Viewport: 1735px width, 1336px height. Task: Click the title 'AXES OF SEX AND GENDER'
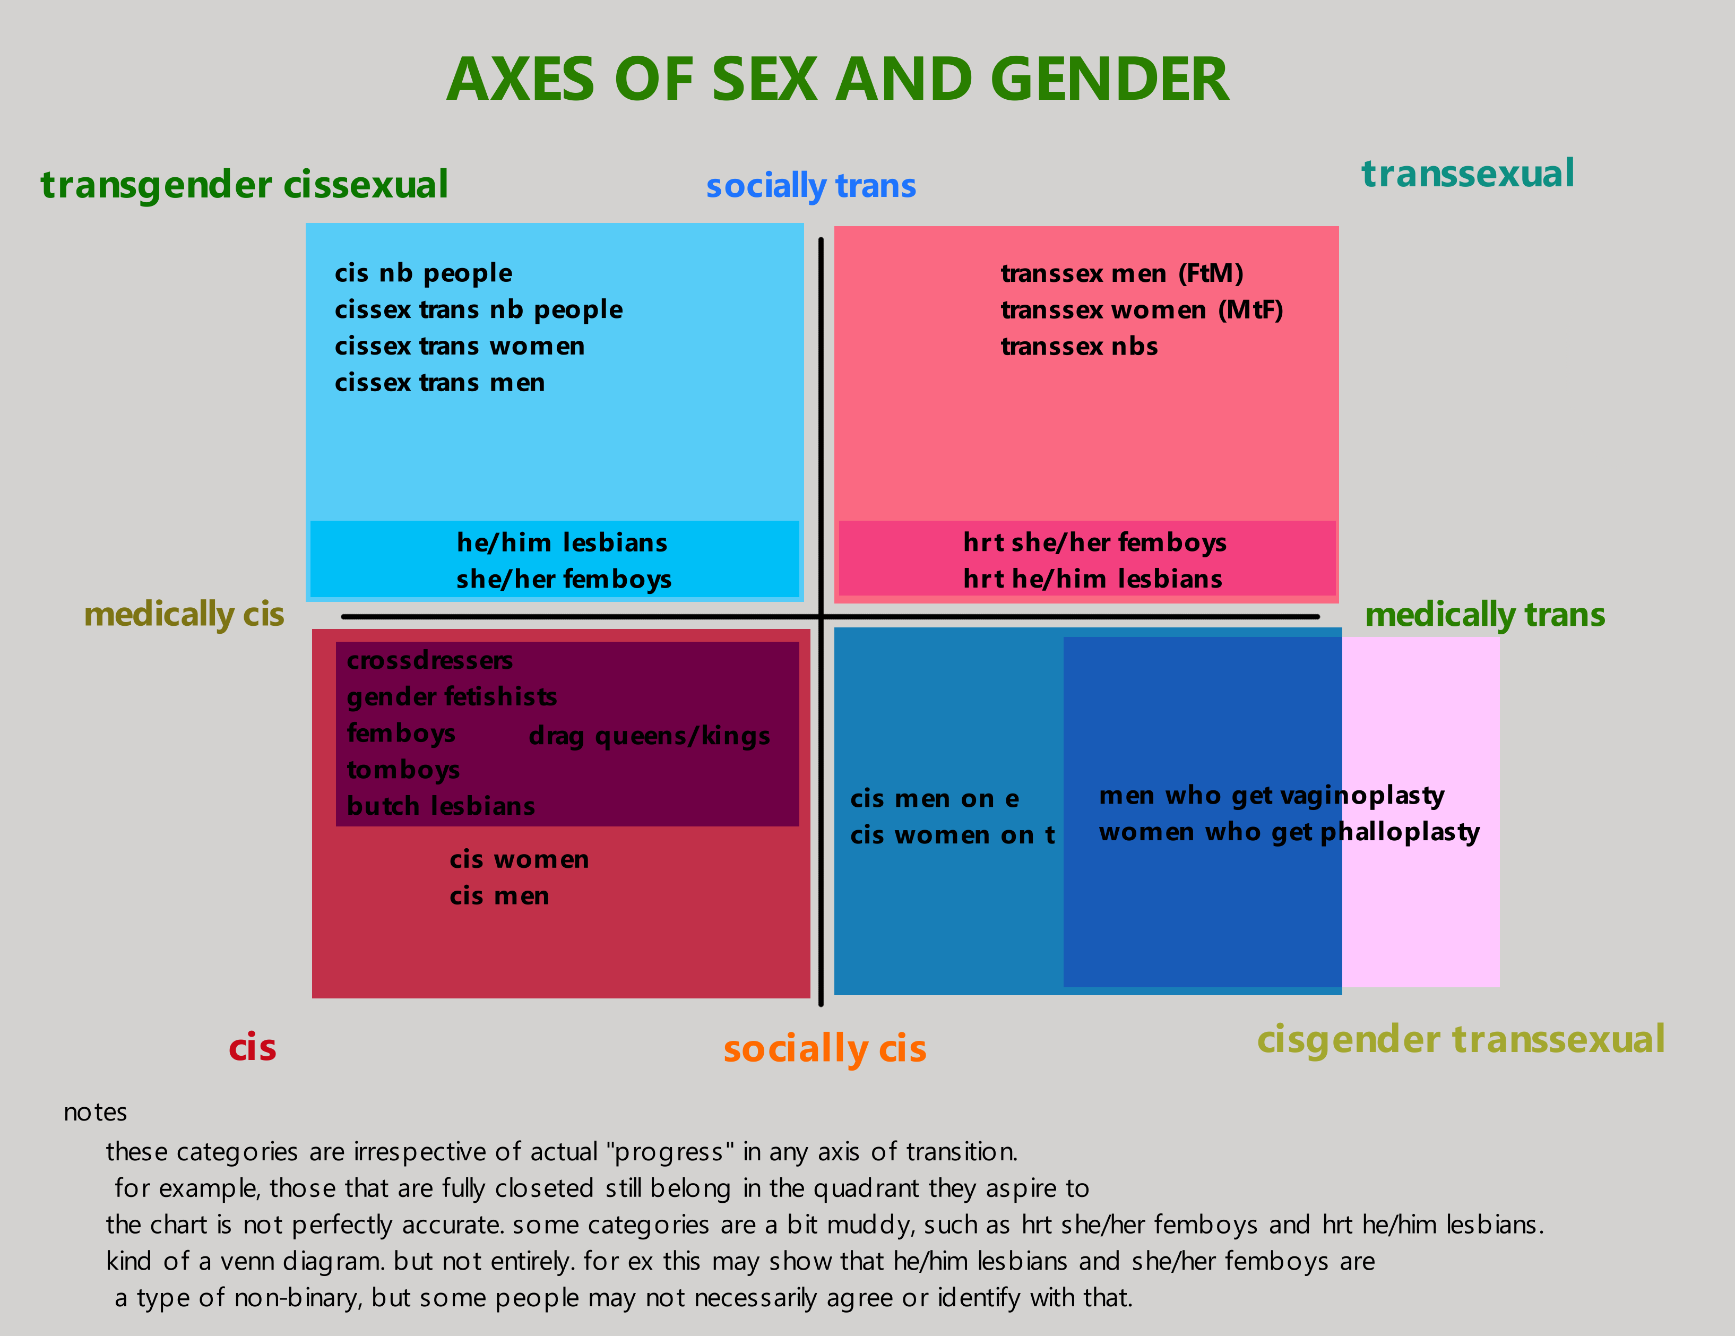[838, 80]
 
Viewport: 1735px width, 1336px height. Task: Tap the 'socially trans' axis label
[811, 186]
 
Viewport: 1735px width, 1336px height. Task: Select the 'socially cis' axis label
[825, 1048]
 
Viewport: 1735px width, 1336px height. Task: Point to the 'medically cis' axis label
[184, 615]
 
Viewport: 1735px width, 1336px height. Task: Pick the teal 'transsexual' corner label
[1468, 173]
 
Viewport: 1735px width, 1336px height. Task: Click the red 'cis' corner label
[253, 1048]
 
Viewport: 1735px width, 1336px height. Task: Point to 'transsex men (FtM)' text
[1121, 273]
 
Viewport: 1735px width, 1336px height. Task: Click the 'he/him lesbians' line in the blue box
[562, 542]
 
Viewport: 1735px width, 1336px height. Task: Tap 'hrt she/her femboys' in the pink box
[1095, 542]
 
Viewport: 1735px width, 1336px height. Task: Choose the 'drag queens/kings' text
[649, 736]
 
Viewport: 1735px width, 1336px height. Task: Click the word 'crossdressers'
[430, 660]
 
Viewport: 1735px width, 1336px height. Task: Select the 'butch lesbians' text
[441, 806]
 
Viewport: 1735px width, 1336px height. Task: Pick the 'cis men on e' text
[934, 798]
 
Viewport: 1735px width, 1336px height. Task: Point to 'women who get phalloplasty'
[1289, 832]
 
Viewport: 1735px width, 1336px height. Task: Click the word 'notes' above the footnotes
[96, 1112]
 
